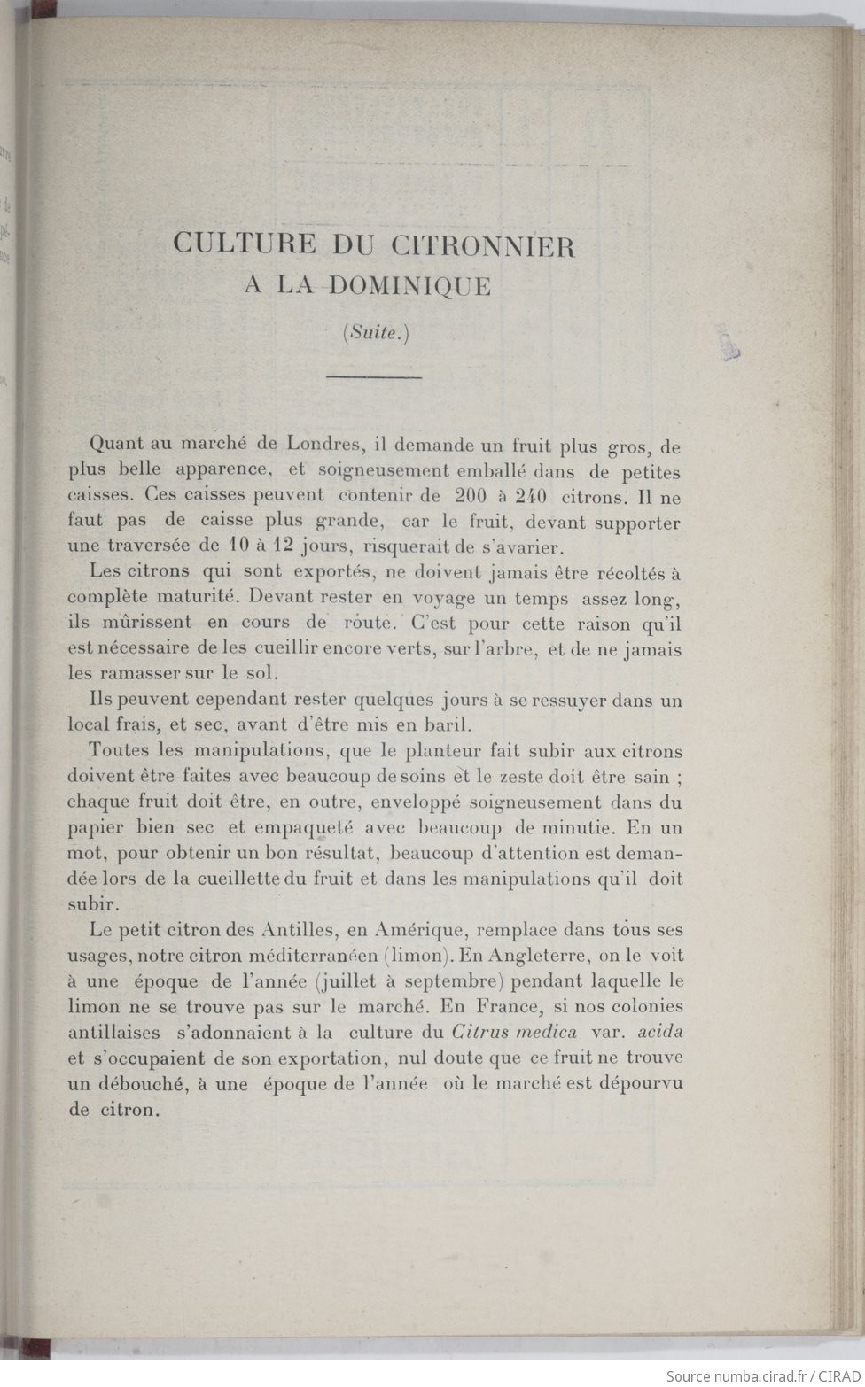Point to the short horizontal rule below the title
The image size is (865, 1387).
click(375, 378)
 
